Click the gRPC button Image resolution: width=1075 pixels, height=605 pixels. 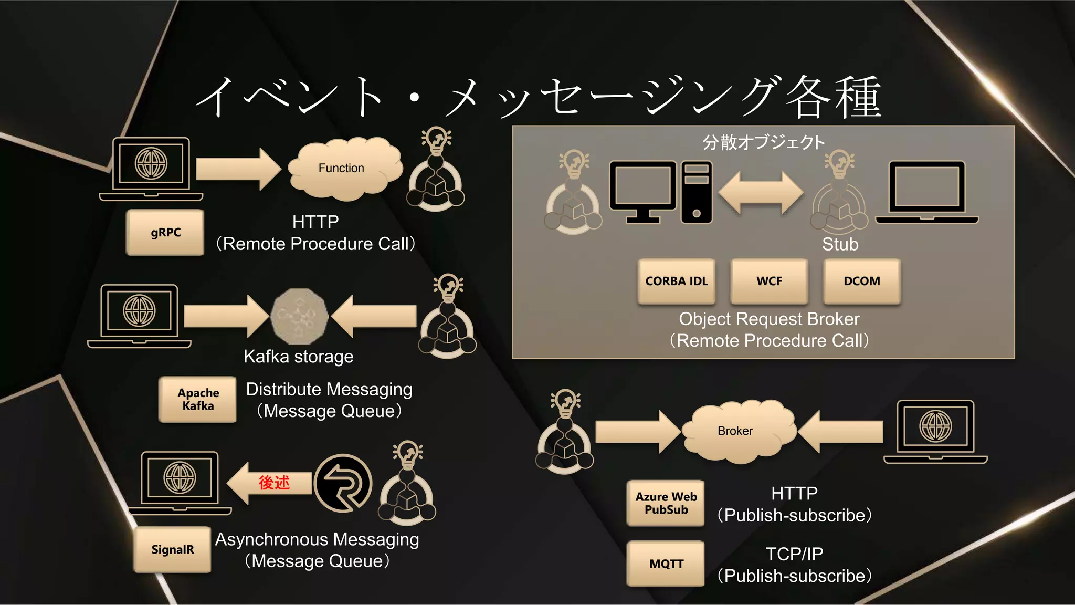coord(165,233)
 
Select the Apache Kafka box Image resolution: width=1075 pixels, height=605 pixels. coord(198,399)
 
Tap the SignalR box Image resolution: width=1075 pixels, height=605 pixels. coord(172,549)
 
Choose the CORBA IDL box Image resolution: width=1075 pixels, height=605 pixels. coord(676,281)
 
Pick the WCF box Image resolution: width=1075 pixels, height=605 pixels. coord(769,281)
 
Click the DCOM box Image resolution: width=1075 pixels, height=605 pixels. coord(861,281)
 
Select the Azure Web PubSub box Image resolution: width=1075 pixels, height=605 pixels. coord(666,503)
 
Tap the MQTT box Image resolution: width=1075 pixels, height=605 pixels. coord(666,564)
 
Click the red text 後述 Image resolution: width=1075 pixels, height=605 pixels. coord(274,482)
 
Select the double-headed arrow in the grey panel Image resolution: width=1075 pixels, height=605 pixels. coord(761,193)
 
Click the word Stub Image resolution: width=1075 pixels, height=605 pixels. coord(840,244)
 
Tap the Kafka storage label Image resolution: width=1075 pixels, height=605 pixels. coord(298,357)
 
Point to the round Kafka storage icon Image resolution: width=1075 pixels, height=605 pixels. coord(299,316)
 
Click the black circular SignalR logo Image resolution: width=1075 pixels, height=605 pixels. coord(343,483)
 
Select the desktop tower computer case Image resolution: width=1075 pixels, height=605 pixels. coord(697,192)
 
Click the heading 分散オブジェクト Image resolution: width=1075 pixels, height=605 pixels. coord(764,142)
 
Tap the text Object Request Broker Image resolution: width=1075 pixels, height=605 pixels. coord(769,319)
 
